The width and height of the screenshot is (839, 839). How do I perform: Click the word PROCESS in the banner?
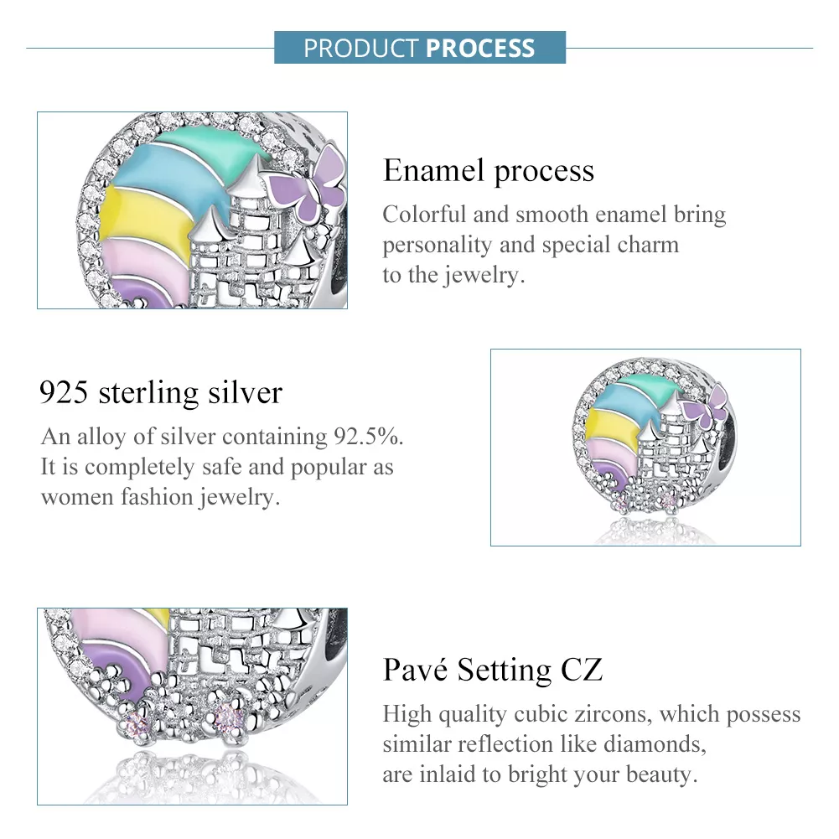click(480, 48)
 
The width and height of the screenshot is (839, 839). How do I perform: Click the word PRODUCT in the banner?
click(361, 48)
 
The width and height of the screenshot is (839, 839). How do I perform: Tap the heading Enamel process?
click(489, 171)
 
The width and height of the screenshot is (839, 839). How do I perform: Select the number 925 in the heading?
click(64, 392)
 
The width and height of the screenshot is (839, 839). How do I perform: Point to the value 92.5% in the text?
click(368, 437)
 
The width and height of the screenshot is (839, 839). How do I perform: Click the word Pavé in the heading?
click(415, 670)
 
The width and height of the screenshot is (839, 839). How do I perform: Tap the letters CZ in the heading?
click(582, 670)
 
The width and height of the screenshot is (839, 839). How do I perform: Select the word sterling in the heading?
click(149, 393)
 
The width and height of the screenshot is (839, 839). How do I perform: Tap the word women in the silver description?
click(78, 497)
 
